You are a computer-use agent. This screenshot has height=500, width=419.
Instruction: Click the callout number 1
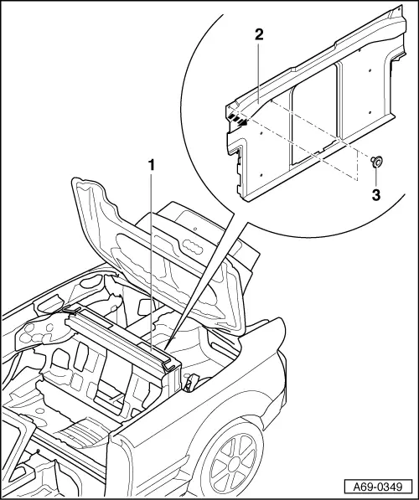tap(152, 165)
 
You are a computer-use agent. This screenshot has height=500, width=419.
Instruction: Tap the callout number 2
tap(259, 34)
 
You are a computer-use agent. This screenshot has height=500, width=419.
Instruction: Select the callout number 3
tap(376, 195)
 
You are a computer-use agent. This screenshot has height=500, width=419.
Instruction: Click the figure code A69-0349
tap(377, 487)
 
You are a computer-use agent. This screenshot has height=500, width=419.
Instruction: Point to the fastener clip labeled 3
tap(376, 162)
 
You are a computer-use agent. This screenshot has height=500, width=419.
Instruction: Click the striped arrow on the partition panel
tap(238, 119)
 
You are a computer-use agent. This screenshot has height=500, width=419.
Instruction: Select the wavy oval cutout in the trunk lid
tap(192, 247)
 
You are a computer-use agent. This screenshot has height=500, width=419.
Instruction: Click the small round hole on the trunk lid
tap(194, 229)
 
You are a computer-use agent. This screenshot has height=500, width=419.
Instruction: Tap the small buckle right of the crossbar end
tap(190, 382)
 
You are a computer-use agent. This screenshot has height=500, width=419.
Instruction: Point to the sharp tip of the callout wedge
tap(166, 348)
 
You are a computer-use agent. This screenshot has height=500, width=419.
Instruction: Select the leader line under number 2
tap(259, 69)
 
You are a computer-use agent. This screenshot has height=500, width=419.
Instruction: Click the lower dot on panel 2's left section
tap(261, 175)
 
